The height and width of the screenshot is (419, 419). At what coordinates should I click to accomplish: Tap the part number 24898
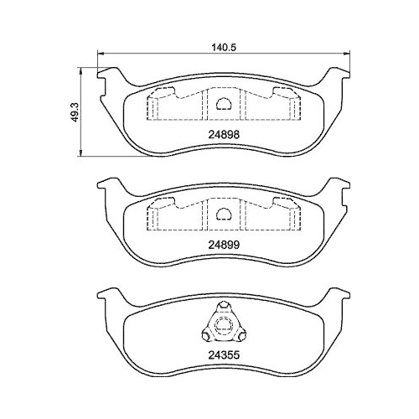(223, 130)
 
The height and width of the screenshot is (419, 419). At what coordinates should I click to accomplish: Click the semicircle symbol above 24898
(223, 105)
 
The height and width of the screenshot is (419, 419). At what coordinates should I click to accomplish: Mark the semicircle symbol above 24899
(223, 214)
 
